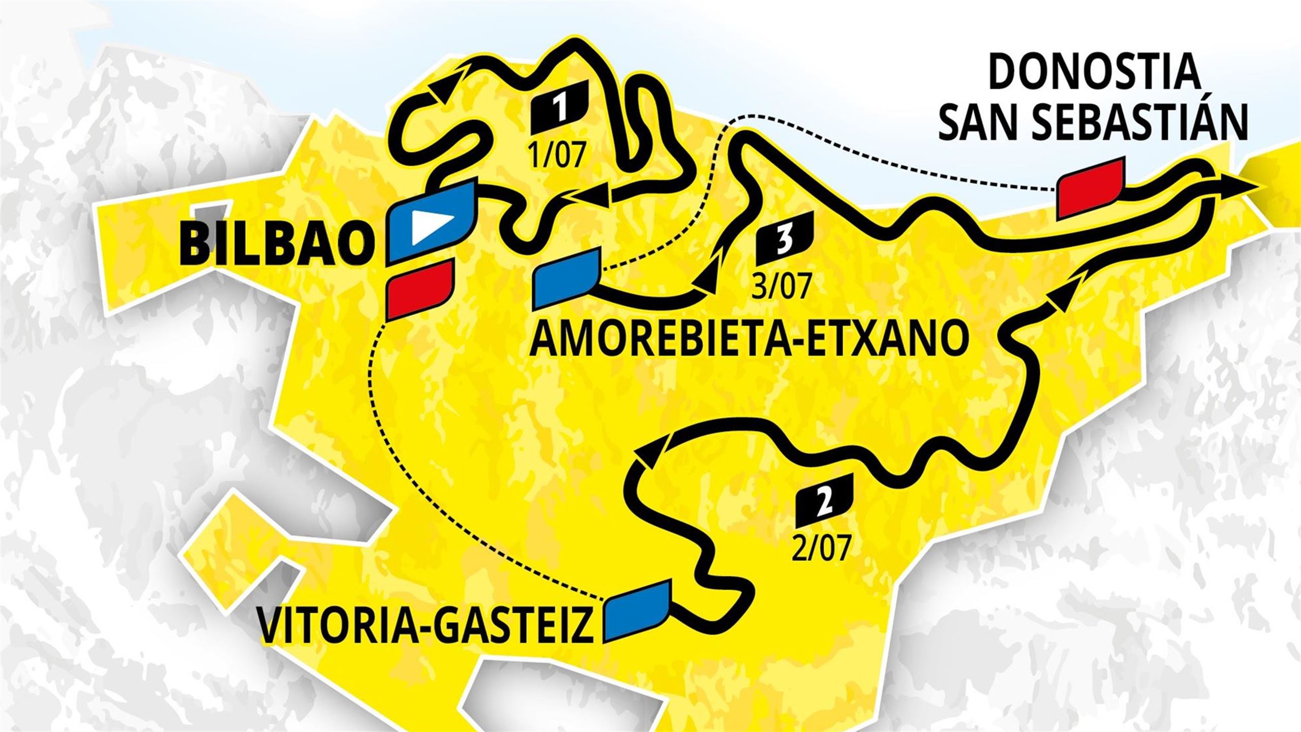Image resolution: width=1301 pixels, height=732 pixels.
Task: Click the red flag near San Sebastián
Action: click(1090, 188)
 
